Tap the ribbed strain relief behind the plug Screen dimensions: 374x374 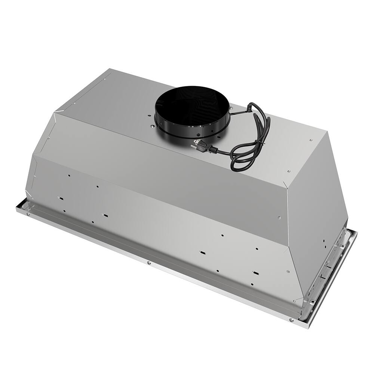[x=213, y=149]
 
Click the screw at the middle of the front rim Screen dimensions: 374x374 [x=149, y=263]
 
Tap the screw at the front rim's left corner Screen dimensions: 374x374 [x=27, y=214]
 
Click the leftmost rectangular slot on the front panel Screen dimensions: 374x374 [x=61, y=199]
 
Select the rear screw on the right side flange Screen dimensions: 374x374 [x=342, y=246]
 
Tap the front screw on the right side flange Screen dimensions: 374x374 [x=312, y=301]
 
